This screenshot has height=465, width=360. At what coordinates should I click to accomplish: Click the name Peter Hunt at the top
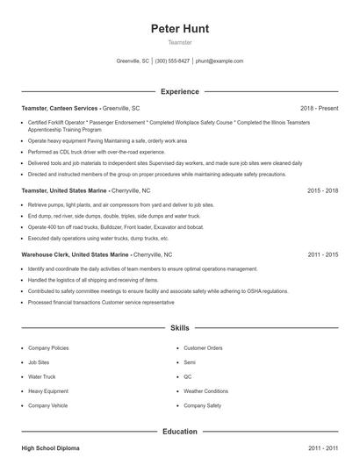click(179, 28)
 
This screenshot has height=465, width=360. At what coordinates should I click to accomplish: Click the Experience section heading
click(179, 91)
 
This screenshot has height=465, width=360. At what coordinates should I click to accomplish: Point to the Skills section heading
click(179, 328)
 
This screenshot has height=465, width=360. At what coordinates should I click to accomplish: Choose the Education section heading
click(179, 432)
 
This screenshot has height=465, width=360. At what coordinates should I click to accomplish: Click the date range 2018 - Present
click(319, 108)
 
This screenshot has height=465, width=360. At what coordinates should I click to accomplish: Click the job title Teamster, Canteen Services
click(61, 108)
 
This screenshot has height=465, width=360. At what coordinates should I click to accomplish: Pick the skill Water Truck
click(43, 376)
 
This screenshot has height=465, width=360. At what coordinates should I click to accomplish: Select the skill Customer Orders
click(203, 347)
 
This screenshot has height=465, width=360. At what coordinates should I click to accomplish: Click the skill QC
click(188, 376)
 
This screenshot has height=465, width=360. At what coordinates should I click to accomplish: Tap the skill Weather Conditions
click(205, 391)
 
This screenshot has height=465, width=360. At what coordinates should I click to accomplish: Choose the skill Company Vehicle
click(47, 405)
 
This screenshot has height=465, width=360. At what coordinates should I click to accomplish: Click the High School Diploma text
click(50, 448)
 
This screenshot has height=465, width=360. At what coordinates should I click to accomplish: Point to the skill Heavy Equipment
click(47, 391)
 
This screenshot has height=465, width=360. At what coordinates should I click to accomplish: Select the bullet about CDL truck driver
click(97, 152)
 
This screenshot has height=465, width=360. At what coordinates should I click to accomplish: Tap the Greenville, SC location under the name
click(133, 61)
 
